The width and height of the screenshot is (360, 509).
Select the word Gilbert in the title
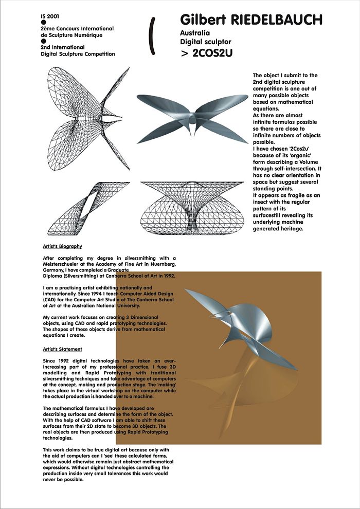(x=204, y=20)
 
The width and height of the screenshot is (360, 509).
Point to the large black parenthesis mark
(x=152, y=35)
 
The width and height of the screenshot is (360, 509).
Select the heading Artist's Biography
(x=62, y=246)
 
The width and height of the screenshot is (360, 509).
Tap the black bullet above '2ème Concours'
(x=44, y=23)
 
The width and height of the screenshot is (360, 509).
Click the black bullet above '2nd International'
(x=44, y=41)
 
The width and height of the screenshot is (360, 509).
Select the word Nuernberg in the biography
(x=161, y=264)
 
